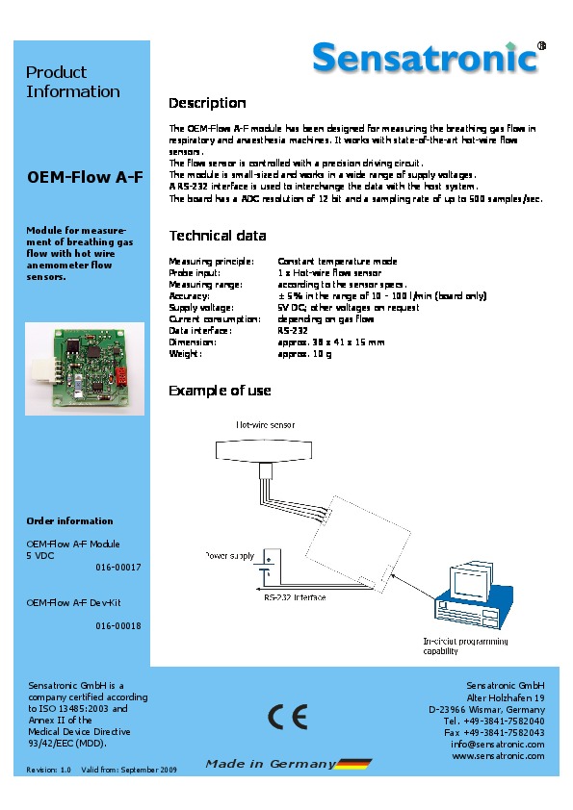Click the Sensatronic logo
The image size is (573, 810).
tap(430, 57)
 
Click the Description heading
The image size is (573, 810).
tap(207, 103)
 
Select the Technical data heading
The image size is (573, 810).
tap(218, 236)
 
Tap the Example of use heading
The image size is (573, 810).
tap(220, 391)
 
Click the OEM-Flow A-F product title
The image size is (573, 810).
tap(85, 177)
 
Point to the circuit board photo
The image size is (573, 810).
tap(85, 368)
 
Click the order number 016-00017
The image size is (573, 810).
tap(117, 568)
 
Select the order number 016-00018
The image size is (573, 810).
tap(117, 626)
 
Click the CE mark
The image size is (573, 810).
tap(288, 717)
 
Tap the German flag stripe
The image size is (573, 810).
tap(353, 764)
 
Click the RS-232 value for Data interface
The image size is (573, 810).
tap(293, 331)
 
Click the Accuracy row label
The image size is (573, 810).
tap(190, 296)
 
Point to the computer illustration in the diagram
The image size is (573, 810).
tap(474, 596)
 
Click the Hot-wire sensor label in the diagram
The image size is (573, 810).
tap(265, 425)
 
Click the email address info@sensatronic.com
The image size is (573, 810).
tap(498, 745)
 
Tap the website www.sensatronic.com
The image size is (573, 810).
tap(499, 756)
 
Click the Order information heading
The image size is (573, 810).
tap(69, 520)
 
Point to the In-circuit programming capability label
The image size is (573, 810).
tap(465, 646)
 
